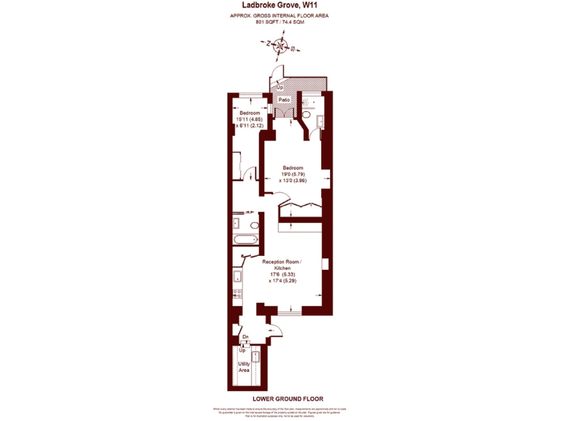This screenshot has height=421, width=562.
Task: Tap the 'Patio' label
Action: pyautogui.click(x=285, y=99)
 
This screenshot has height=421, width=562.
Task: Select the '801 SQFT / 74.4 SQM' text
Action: pyautogui.click(x=280, y=23)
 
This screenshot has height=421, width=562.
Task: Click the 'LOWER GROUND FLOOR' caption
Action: pyautogui.click(x=281, y=398)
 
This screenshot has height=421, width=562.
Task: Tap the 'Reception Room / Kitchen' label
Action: pyautogui.click(x=281, y=265)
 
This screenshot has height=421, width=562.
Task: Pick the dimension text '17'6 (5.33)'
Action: pyautogui.click(x=282, y=274)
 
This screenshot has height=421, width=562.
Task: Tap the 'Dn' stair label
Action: pyautogui.click(x=245, y=337)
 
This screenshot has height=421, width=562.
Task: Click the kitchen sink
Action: pyautogui.click(x=237, y=276)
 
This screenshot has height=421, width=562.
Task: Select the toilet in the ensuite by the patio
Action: pyautogui.click(x=307, y=115)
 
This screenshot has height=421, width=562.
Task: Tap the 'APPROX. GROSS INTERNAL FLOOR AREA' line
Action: pyautogui.click(x=281, y=15)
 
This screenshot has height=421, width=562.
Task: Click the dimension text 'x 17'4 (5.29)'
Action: pyautogui.click(x=282, y=281)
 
